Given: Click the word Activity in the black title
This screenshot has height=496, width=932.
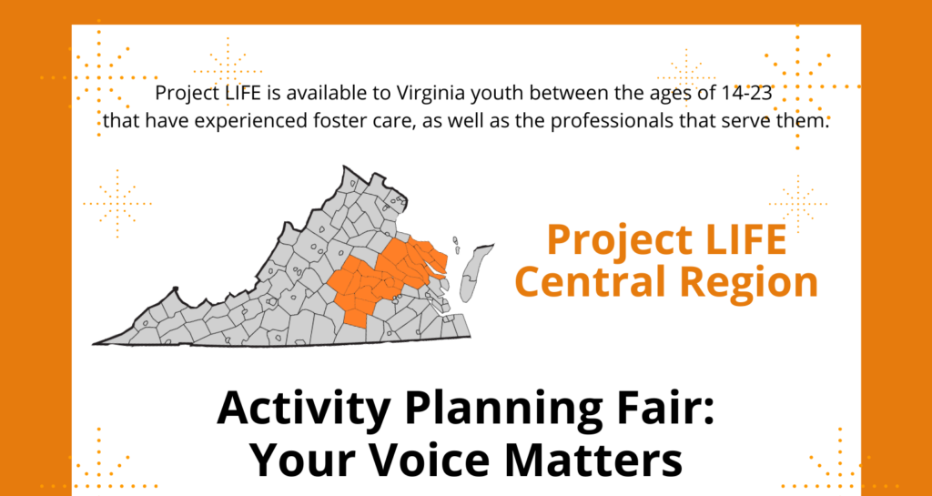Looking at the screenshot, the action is [304, 410].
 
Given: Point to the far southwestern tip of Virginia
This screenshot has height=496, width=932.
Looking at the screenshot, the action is [94, 343].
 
